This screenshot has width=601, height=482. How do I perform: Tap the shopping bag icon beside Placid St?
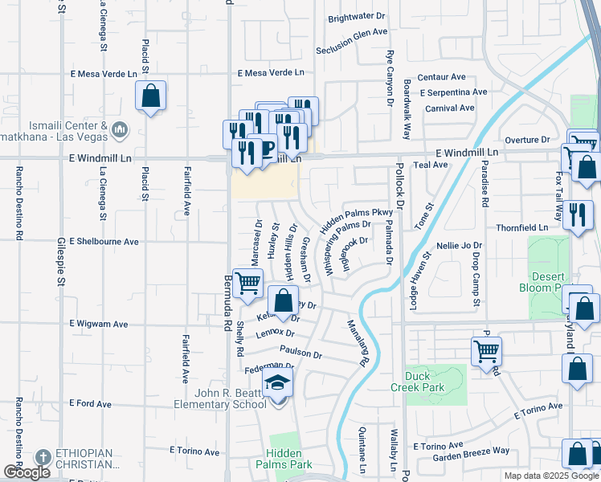tap(150, 97)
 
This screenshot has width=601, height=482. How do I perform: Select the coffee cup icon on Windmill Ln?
tap(265, 148)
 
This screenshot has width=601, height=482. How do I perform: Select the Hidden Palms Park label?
tap(284, 459)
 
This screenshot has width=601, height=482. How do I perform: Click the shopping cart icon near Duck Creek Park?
tap(486, 350)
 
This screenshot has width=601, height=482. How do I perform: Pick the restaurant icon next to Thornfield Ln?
tap(577, 215)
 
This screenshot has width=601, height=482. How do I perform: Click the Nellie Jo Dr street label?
tap(459, 245)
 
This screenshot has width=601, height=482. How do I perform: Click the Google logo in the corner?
tap(27, 472)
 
